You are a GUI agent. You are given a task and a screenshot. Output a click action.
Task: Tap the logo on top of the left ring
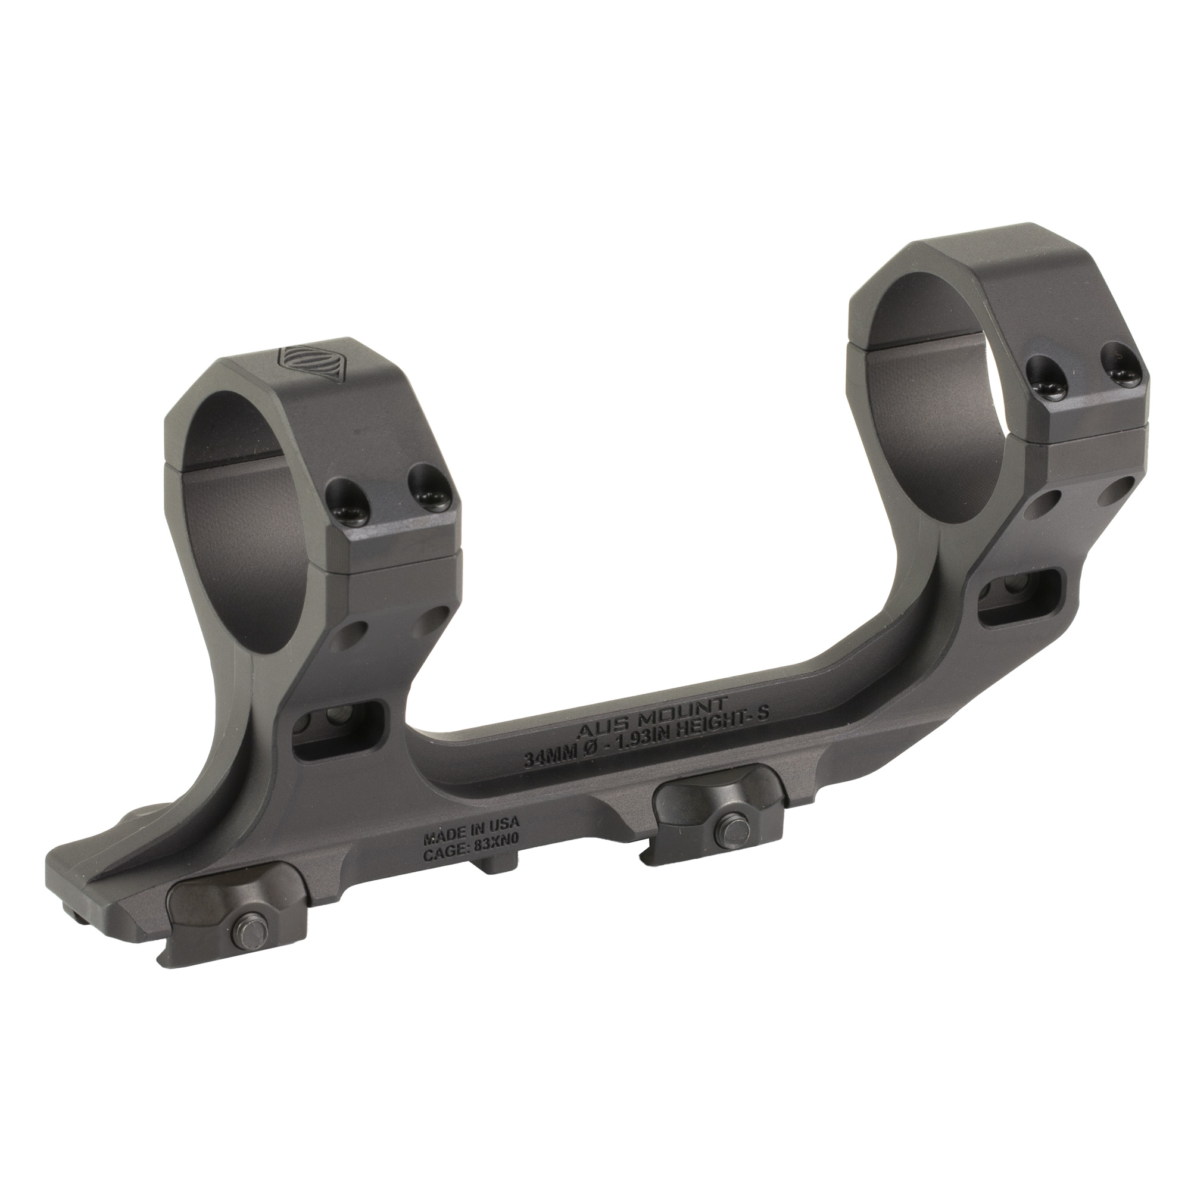click(296, 356)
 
